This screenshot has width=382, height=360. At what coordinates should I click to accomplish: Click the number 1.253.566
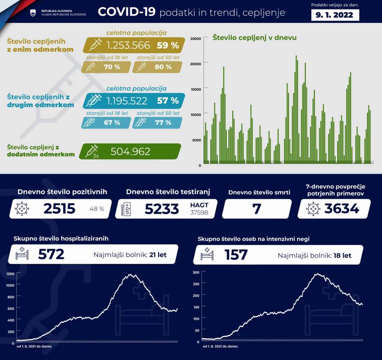(x=128, y=46)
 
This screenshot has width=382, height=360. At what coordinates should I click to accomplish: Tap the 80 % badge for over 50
(x=161, y=67)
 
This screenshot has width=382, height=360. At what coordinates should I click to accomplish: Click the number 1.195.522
(x=127, y=101)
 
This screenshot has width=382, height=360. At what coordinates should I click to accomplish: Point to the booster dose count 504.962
(x=130, y=152)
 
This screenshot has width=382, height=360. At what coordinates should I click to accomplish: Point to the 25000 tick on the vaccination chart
(x=195, y=38)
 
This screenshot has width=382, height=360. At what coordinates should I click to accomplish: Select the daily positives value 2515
(x=59, y=209)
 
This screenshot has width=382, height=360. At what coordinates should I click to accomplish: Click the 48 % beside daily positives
(x=96, y=209)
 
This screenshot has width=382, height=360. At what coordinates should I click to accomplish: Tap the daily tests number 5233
(x=162, y=209)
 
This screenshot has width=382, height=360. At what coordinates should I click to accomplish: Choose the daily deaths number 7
(x=257, y=209)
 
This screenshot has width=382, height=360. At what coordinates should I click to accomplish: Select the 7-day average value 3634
(x=342, y=209)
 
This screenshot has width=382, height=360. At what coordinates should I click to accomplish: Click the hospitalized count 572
(x=51, y=255)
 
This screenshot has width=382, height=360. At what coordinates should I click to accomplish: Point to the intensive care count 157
(x=236, y=255)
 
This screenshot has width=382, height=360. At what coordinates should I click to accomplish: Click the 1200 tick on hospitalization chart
(x=10, y=274)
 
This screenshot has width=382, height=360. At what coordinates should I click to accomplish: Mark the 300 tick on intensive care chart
(x=195, y=272)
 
